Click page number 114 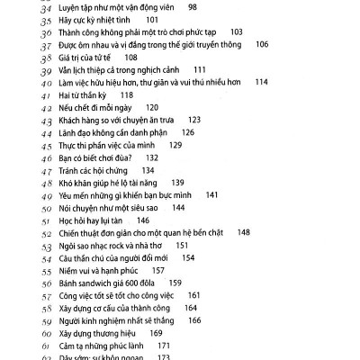tap(262, 82)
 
